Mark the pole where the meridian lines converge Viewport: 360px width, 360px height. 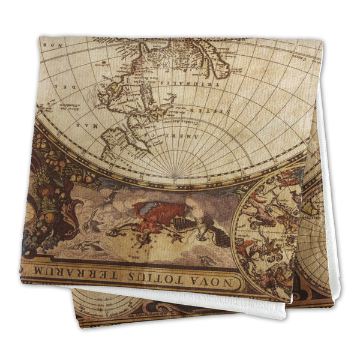(174, 177)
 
